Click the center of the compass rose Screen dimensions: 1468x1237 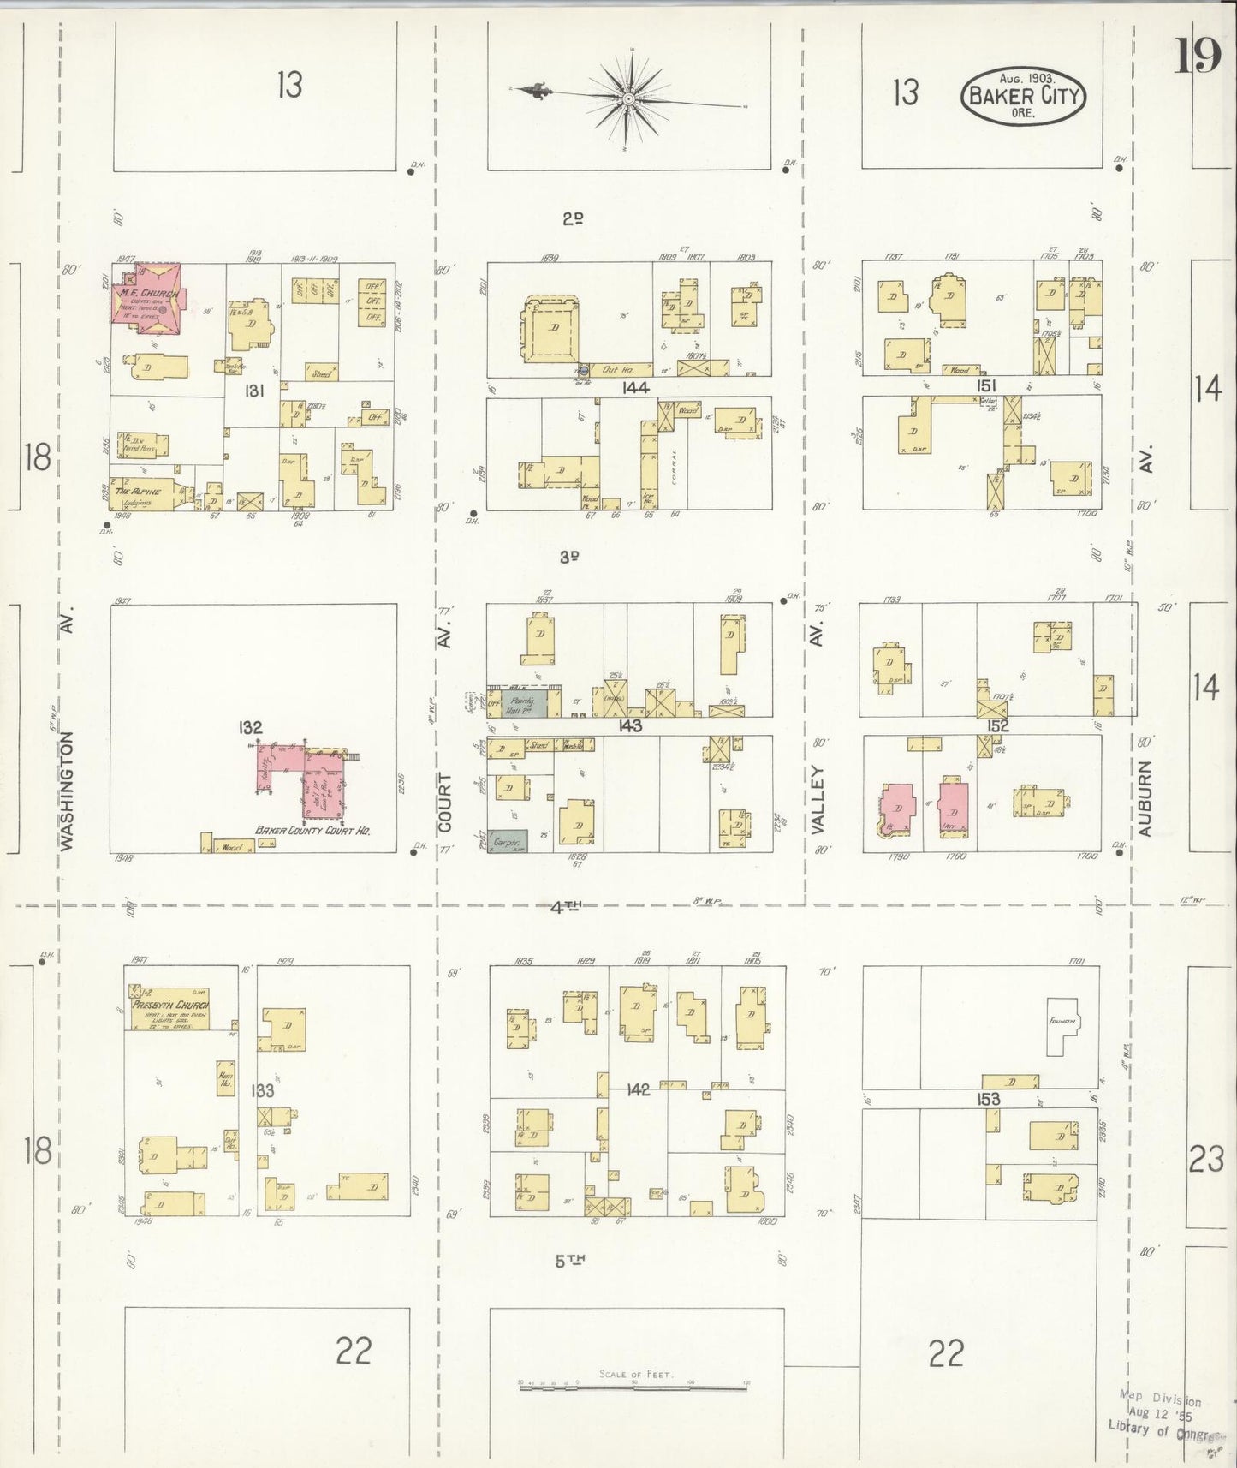coord(629,99)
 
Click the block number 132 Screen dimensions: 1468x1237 coord(250,727)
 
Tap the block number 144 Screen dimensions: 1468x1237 coord(636,387)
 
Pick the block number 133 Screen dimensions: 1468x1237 coord(262,1090)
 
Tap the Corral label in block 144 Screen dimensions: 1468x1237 coord(675,468)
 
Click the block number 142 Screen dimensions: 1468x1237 coord(639,1089)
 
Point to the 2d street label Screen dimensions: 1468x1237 coord(573,218)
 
